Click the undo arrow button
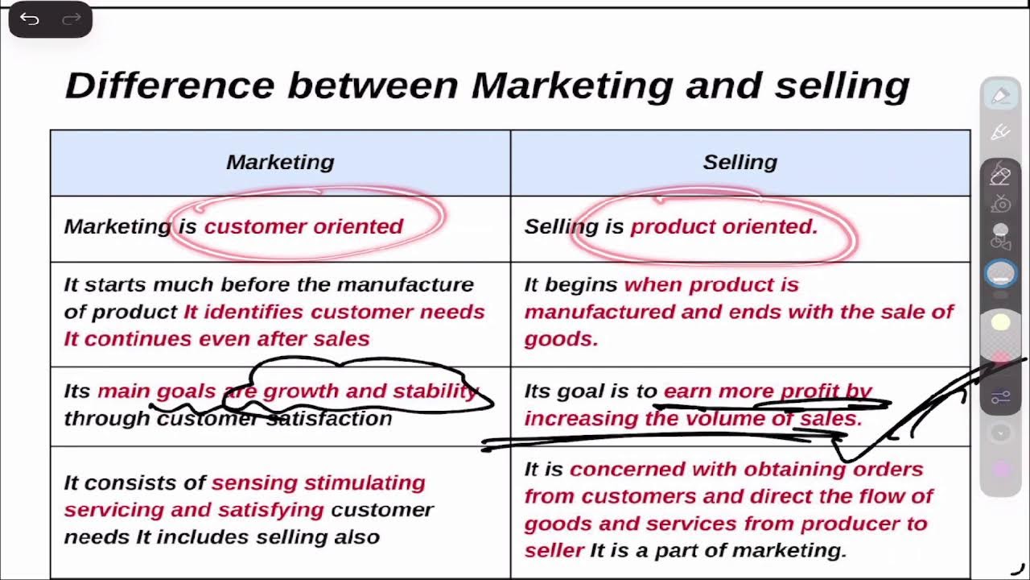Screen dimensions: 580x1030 pyautogui.click(x=30, y=19)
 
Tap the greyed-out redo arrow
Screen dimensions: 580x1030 pyautogui.click(x=72, y=19)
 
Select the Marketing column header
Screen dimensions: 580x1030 pyautogui.click(x=280, y=162)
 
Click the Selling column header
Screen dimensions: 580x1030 pyautogui.click(x=740, y=162)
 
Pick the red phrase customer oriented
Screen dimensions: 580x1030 pyautogui.click(x=303, y=226)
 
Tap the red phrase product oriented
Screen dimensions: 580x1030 pyautogui.click(x=723, y=226)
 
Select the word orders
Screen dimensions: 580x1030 pyautogui.click(x=888, y=470)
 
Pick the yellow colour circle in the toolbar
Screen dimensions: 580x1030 pyautogui.click(x=1000, y=323)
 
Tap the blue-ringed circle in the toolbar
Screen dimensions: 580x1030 pyautogui.click(x=1001, y=274)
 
